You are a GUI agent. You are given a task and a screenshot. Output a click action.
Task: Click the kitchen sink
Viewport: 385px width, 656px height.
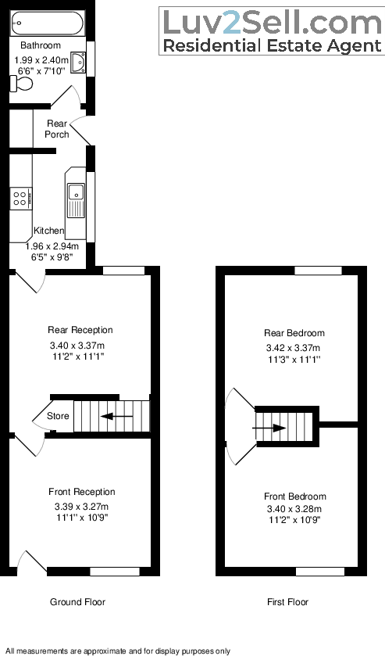click(x=77, y=192)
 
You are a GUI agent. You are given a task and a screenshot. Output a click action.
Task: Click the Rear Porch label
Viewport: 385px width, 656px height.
click(x=56, y=128)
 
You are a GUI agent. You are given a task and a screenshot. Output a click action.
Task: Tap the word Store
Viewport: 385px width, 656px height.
click(x=58, y=416)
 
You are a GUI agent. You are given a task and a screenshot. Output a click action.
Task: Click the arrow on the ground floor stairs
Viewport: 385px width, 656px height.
click(x=118, y=417)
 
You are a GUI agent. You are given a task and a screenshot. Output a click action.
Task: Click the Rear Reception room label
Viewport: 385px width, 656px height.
click(x=80, y=330)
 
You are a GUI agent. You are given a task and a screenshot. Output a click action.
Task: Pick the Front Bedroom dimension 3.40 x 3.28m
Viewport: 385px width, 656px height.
click(x=294, y=508)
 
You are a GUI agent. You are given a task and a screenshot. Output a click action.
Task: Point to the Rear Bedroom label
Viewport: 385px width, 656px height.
click(x=294, y=333)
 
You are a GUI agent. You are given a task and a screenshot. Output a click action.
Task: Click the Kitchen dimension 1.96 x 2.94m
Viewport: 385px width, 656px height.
click(x=57, y=245)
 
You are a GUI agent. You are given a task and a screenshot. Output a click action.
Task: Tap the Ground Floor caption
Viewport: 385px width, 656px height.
click(x=77, y=602)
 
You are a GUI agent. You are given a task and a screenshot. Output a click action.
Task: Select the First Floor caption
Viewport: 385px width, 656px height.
click(x=287, y=602)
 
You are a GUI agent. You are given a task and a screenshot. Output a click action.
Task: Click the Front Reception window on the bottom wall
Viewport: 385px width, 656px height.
click(x=115, y=572)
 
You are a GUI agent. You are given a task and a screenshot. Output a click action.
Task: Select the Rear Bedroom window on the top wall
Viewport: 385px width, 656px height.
click(x=318, y=271)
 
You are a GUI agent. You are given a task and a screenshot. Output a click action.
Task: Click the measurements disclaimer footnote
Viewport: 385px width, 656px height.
click(x=118, y=651)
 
